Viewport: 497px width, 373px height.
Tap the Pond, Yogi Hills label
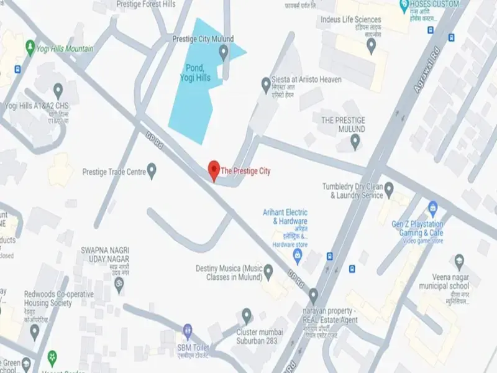(198, 73)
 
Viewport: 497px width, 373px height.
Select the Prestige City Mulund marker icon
(224, 53)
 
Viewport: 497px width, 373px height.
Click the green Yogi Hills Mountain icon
(29, 47)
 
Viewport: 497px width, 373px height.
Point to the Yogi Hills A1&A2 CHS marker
(58, 91)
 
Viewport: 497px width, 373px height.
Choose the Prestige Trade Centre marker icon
(151, 170)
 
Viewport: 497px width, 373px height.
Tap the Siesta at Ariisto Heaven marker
(267, 83)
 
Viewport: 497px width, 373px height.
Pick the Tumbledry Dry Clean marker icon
(389, 187)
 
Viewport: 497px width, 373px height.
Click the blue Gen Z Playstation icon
(433, 208)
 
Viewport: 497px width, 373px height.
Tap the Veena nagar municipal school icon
(460, 259)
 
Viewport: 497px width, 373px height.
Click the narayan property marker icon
(313, 294)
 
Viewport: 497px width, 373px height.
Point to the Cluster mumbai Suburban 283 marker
(247, 314)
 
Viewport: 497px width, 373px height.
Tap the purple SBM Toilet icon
(187, 328)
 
